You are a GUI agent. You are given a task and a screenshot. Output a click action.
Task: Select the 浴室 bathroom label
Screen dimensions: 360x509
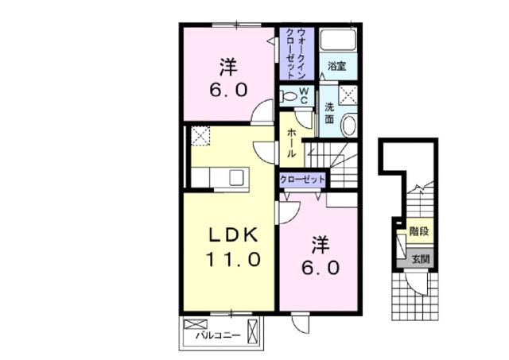336,67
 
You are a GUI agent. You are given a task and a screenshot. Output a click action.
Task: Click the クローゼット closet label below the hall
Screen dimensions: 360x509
302,180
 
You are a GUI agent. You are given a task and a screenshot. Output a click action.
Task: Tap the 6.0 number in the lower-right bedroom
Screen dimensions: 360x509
319,268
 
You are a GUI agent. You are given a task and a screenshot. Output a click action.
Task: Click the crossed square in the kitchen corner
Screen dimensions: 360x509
200,137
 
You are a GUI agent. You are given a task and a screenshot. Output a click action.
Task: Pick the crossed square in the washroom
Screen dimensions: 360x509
348,96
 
